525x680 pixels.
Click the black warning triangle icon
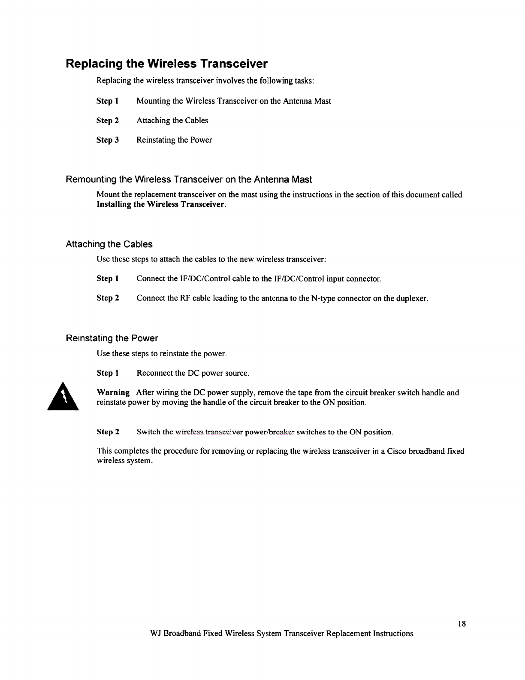point(63,398)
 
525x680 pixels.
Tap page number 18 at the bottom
point(462,623)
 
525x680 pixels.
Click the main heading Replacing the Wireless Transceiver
point(166,64)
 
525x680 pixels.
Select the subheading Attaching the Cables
point(109,244)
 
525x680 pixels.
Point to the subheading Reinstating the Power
point(112,338)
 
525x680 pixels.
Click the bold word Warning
point(113,392)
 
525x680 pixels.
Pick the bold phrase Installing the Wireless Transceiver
point(161,204)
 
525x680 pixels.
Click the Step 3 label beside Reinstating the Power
point(107,140)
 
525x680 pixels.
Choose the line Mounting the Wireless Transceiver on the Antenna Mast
point(234,101)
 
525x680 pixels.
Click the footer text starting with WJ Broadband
point(282,633)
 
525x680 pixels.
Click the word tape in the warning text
point(304,392)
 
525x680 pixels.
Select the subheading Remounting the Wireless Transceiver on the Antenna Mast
point(189,179)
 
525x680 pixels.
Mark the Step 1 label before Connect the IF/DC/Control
point(107,279)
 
